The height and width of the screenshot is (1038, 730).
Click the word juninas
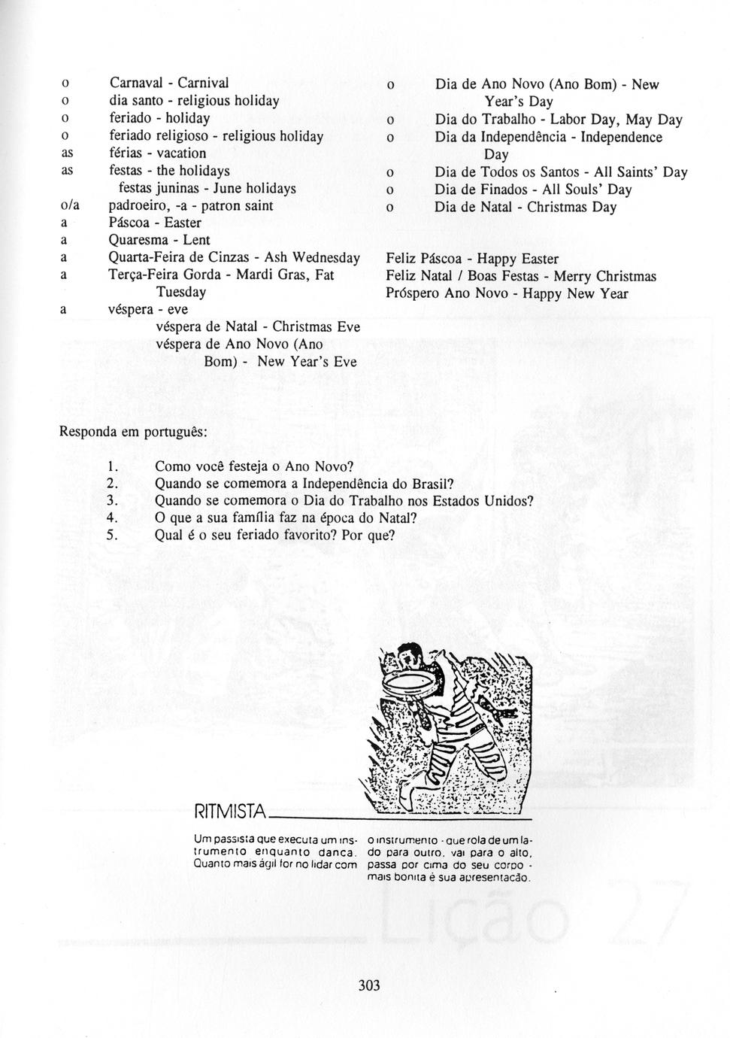[179, 189]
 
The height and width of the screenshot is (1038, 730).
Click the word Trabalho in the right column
[509, 120]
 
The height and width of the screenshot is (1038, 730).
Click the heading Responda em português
[133, 433]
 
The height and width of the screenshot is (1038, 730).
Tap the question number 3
[111, 501]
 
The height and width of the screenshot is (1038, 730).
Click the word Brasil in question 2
[432, 484]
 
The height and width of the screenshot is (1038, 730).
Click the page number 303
[369, 985]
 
